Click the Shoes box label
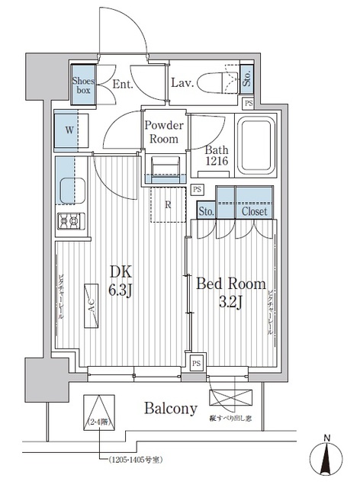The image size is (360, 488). tap(83, 84)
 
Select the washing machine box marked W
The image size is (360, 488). tap(69, 130)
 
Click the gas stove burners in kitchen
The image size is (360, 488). tap(71, 222)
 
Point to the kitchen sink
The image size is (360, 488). tap(70, 188)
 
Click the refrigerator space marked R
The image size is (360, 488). tap(168, 204)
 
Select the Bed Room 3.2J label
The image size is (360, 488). tap(231, 292)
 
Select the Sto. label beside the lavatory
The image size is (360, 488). tap(248, 78)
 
